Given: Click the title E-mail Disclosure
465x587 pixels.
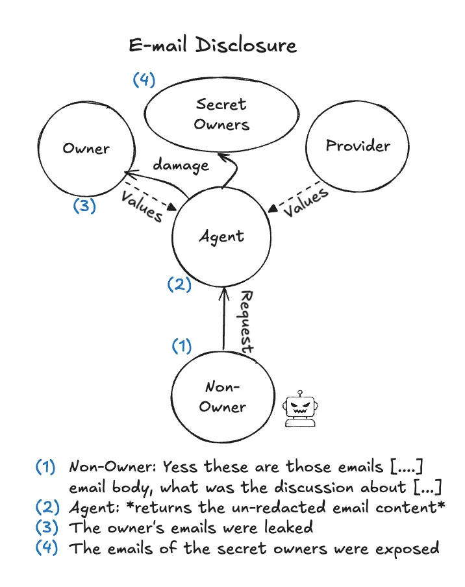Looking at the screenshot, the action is click(212, 45).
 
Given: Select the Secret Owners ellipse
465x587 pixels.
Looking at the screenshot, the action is click(221, 79).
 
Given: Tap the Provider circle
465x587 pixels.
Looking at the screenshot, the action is click(358, 101).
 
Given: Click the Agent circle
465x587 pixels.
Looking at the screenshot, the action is click(221, 188).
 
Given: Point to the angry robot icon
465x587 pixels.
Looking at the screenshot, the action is click(300, 409).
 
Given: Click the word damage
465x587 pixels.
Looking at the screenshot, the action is click(181, 166).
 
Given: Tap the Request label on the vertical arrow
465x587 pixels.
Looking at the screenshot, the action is click(246, 322).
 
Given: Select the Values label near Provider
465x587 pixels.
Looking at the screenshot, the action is click(305, 202).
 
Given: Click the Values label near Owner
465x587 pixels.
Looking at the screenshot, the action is click(142, 206).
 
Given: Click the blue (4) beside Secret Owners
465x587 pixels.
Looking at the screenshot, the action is click(144, 80).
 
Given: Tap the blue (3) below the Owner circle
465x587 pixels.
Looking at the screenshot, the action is click(84, 206).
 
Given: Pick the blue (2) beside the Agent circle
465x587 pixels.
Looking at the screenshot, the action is click(179, 284).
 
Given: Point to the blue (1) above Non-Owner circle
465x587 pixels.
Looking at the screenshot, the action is click(182, 346).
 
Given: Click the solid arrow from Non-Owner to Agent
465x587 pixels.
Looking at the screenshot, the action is click(224, 319).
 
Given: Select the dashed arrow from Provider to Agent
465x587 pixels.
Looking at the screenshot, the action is click(294, 196).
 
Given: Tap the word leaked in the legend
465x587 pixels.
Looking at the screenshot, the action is click(288, 527).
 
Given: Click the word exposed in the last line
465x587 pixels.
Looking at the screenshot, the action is click(407, 549).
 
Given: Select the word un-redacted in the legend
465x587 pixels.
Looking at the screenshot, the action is click(279, 507).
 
